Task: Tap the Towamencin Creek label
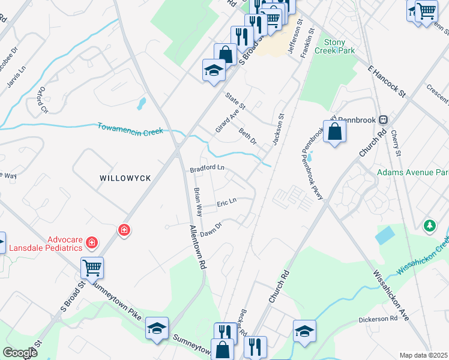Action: click(x=130, y=128)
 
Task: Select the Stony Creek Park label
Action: click(x=339, y=46)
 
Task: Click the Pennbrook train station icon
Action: click(x=382, y=119)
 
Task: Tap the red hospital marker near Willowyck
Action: click(x=124, y=230)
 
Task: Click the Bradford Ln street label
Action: click(x=207, y=169)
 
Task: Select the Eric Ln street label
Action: click(x=227, y=202)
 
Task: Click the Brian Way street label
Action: click(x=197, y=202)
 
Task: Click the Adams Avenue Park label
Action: click(x=412, y=173)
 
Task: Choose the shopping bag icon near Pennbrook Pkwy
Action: click(x=334, y=131)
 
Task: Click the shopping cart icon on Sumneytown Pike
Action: click(x=92, y=268)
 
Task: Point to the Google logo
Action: click(x=20, y=353)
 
